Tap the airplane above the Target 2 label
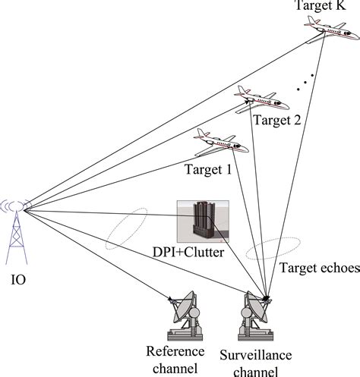pyautogui.click(x=260, y=99)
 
